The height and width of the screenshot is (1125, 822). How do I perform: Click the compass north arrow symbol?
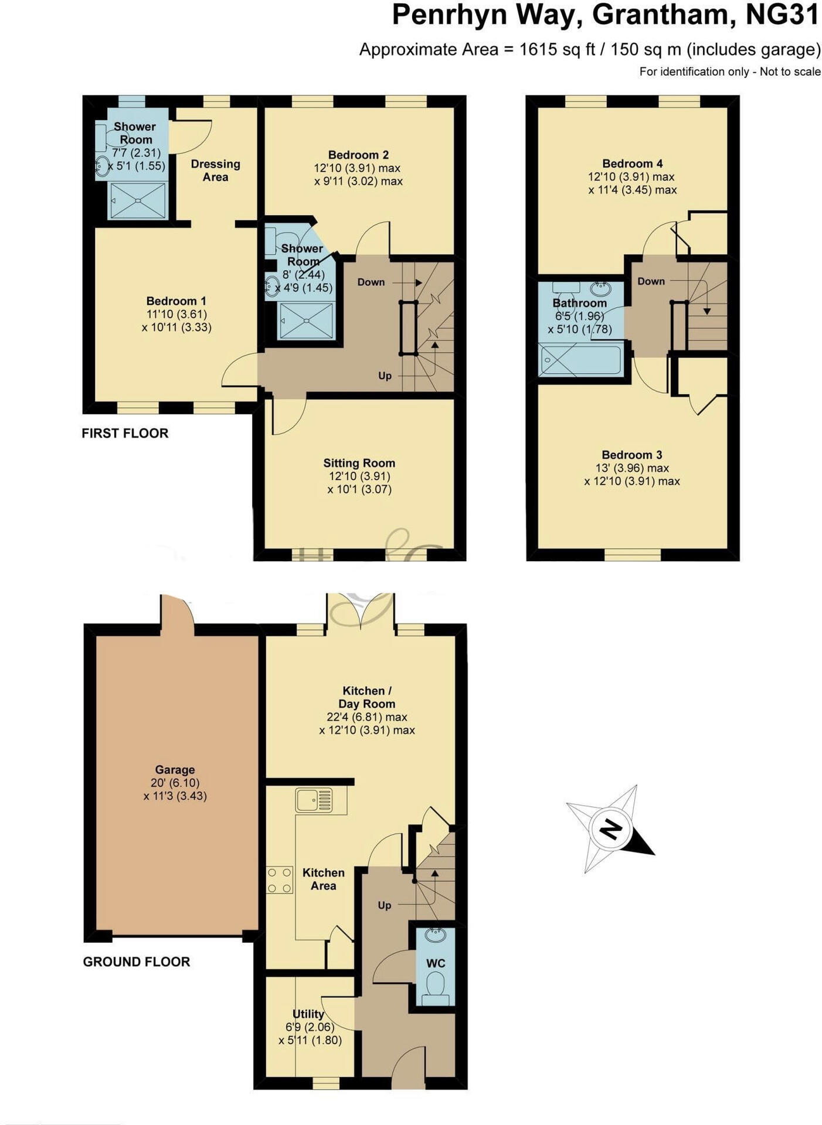coord(610,829)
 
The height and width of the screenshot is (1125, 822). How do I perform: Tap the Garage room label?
coord(175,769)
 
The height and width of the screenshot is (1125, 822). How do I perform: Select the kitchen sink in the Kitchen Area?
coord(314,800)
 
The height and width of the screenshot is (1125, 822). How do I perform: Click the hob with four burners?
coord(280,880)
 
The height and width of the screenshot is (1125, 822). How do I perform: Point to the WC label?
coord(436,963)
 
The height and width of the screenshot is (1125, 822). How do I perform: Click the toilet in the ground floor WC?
coord(435,984)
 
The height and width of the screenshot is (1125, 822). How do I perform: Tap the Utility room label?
coord(308,1014)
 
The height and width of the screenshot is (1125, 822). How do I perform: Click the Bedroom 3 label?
coord(632,455)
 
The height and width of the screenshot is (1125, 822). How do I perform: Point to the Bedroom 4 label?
coord(633,163)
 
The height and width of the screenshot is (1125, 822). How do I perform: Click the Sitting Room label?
coord(359,463)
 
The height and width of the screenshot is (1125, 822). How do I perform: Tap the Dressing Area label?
coord(216,171)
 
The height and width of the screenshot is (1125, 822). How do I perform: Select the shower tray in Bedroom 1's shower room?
coord(138,200)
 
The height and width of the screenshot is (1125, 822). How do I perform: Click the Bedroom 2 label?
coord(358,155)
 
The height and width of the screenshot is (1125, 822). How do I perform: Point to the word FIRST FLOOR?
coord(125,433)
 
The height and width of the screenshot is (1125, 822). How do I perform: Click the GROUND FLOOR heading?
coord(137,962)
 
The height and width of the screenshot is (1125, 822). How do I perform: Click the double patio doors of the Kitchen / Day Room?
coord(361,611)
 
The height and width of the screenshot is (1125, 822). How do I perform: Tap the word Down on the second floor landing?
coord(651,281)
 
